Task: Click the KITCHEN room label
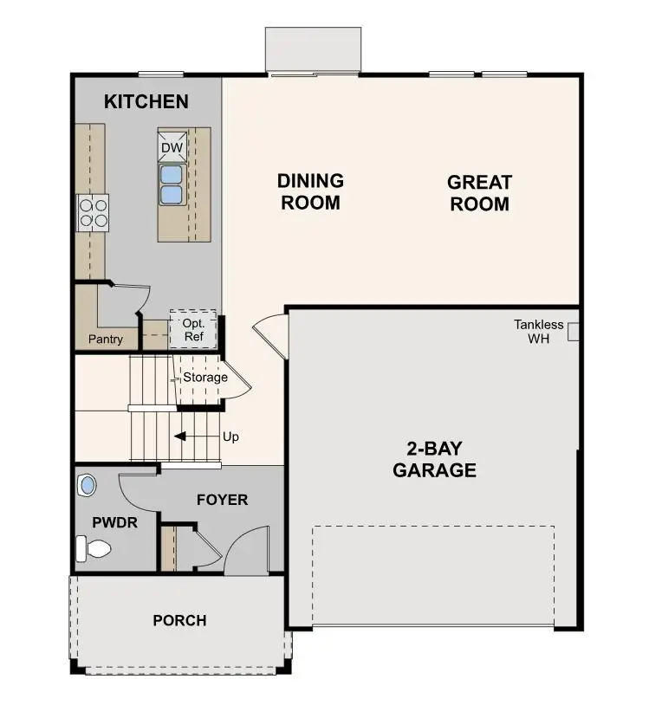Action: point(146,101)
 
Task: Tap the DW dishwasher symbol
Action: point(172,148)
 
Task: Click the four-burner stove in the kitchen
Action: point(94,212)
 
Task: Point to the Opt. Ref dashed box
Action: point(192,329)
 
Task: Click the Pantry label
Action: point(106,340)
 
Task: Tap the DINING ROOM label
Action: point(310,191)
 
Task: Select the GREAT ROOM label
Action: point(479,193)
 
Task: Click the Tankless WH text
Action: point(539,332)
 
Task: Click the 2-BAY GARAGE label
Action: point(434,460)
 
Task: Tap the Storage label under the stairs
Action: point(204,378)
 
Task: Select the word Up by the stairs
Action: point(230,437)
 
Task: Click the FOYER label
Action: point(222,500)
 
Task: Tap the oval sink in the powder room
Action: point(87,484)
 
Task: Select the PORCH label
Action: point(179,620)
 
